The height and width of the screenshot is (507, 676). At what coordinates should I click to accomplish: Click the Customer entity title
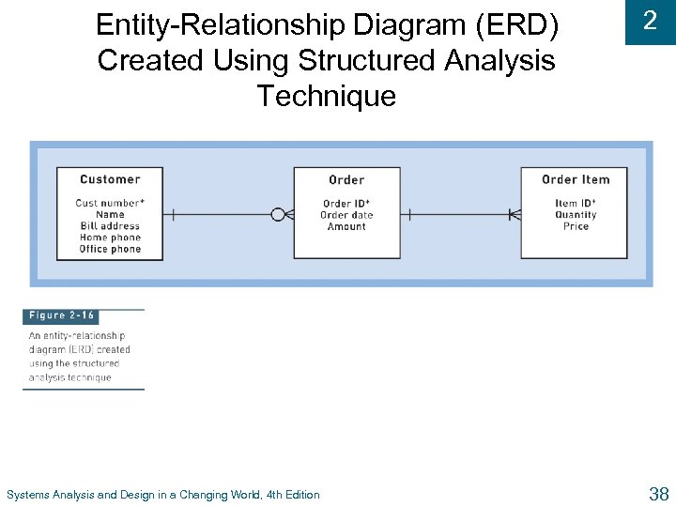pyautogui.click(x=110, y=179)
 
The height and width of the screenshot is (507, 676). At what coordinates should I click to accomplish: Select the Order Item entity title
pyautogui.click(x=576, y=179)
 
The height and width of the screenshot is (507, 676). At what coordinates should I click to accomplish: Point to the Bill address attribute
pyautogui.click(x=110, y=226)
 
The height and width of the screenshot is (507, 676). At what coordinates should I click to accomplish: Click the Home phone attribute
pyautogui.click(x=110, y=238)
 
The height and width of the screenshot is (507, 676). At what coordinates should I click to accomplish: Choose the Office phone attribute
pyautogui.click(x=110, y=249)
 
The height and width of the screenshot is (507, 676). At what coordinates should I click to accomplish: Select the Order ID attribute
pyautogui.click(x=346, y=204)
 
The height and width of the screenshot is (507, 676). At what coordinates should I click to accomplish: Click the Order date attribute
pyautogui.click(x=346, y=215)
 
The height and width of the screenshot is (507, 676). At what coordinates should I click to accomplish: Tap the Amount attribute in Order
pyautogui.click(x=346, y=226)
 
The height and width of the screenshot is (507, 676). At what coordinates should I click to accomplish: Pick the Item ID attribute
pyautogui.click(x=576, y=204)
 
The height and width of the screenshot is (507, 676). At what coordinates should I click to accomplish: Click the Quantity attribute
pyautogui.click(x=576, y=215)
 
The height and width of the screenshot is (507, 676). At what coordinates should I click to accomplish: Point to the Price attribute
pyautogui.click(x=576, y=226)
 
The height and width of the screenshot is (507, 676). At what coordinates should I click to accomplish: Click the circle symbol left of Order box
pyautogui.click(x=277, y=215)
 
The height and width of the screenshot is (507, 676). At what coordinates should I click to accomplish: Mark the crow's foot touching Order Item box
pyautogui.click(x=514, y=215)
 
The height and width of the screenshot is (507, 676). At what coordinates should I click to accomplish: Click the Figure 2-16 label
pyautogui.click(x=61, y=316)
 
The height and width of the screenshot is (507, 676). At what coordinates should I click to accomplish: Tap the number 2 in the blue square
pyautogui.click(x=650, y=22)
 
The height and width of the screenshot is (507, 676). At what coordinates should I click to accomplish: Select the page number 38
pyautogui.click(x=658, y=494)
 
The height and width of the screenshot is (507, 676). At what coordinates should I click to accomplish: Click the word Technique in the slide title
pyautogui.click(x=327, y=96)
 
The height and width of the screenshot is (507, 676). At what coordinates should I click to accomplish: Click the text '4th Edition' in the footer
pyautogui.click(x=293, y=495)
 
